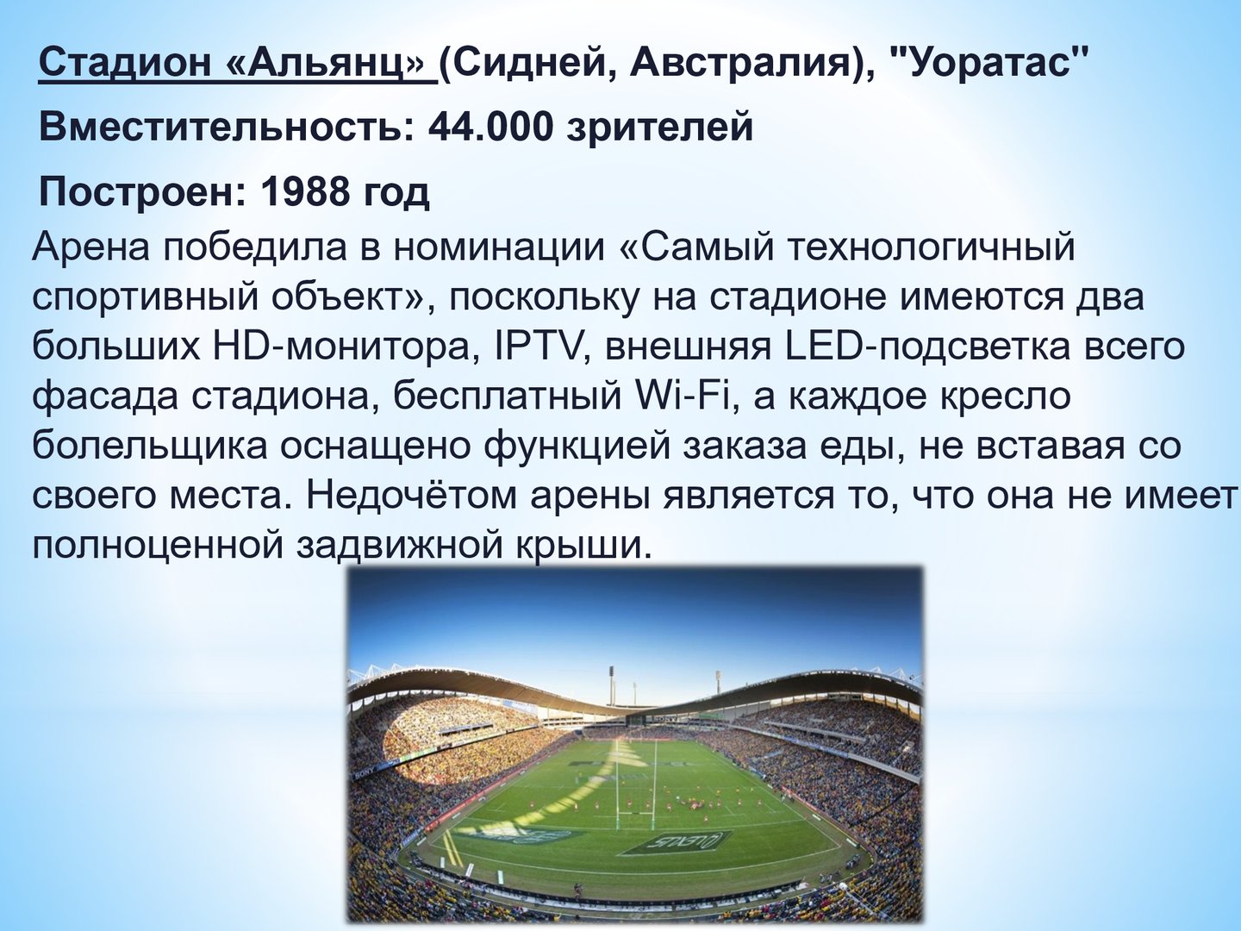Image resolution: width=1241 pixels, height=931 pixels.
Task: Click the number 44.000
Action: click(x=490, y=127)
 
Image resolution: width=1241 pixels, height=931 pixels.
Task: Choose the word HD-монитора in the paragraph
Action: click(x=341, y=346)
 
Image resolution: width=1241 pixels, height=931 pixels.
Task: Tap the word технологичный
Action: click(x=930, y=247)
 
